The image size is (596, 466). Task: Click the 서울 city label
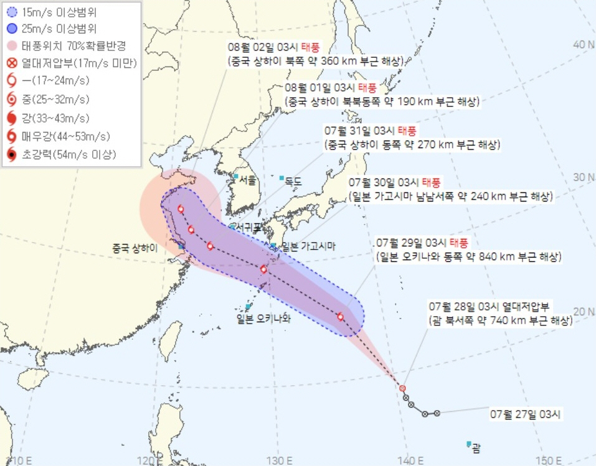(x=247, y=180)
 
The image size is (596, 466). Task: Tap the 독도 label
(x=293, y=182)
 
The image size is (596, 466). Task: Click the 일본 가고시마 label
(x=308, y=246)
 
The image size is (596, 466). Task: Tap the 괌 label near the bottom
(x=476, y=447)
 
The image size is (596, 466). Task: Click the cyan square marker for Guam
(x=469, y=444)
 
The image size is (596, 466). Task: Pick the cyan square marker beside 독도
(x=282, y=179)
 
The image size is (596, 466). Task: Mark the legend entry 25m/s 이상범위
(x=60, y=28)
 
